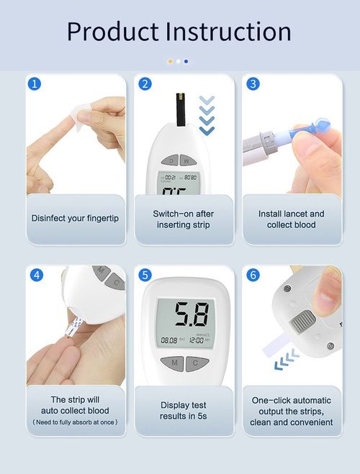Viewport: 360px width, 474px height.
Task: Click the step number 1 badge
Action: click(x=35, y=83)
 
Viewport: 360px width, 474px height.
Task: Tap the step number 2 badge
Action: click(x=145, y=83)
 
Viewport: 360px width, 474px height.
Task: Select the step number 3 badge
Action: click(x=253, y=83)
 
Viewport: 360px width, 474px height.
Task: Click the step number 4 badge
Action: click(x=37, y=275)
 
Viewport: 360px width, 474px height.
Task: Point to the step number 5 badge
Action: click(x=145, y=275)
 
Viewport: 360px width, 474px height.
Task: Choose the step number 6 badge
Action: click(x=253, y=275)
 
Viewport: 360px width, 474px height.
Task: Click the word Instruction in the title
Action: click(x=228, y=32)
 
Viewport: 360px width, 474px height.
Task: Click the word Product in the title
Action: click(x=112, y=32)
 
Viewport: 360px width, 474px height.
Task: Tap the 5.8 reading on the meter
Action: click(x=192, y=315)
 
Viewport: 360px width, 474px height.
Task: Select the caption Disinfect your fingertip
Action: click(x=75, y=217)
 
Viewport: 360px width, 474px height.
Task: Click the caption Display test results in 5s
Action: click(x=184, y=411)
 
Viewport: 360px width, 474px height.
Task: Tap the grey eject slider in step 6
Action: click(x=302, y=321)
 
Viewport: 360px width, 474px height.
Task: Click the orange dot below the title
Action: click(x=170, y=61)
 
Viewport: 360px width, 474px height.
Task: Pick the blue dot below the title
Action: click(x=186, y=61)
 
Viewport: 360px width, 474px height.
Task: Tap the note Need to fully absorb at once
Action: click(x=75, y=421)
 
